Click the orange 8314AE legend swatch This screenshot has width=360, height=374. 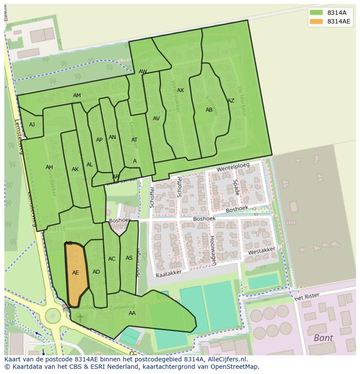click(x=317, y=22)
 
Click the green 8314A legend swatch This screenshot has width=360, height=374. click(x=317, y=12)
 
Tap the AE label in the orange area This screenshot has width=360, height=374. click(x=76, y=273)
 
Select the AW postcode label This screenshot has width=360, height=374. click(x=143, y=72)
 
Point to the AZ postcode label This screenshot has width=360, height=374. click(x=231, y=101)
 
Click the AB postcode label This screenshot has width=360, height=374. click(x=209, y=110)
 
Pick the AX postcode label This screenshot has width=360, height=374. click(x=180, y=90)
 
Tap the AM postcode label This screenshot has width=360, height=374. click(x=77, y=96)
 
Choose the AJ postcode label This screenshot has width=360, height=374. click(x=32, y=125)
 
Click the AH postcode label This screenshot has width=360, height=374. click(x=49, y=167)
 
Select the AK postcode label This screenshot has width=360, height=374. click(x=75, y=169)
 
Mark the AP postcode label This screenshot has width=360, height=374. click(x=99, y=140)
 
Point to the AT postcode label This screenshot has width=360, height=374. click(x=134, y=140)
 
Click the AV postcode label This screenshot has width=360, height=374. click(x=157, y=119)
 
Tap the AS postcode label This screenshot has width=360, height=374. click(x=129, y=258)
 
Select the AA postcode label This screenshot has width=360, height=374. click(x=132, y=313)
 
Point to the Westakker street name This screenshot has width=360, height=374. click(x=261, y=251)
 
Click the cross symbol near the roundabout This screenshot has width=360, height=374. click(x=80, y=318)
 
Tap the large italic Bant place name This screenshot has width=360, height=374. click(x=323, y=338)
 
